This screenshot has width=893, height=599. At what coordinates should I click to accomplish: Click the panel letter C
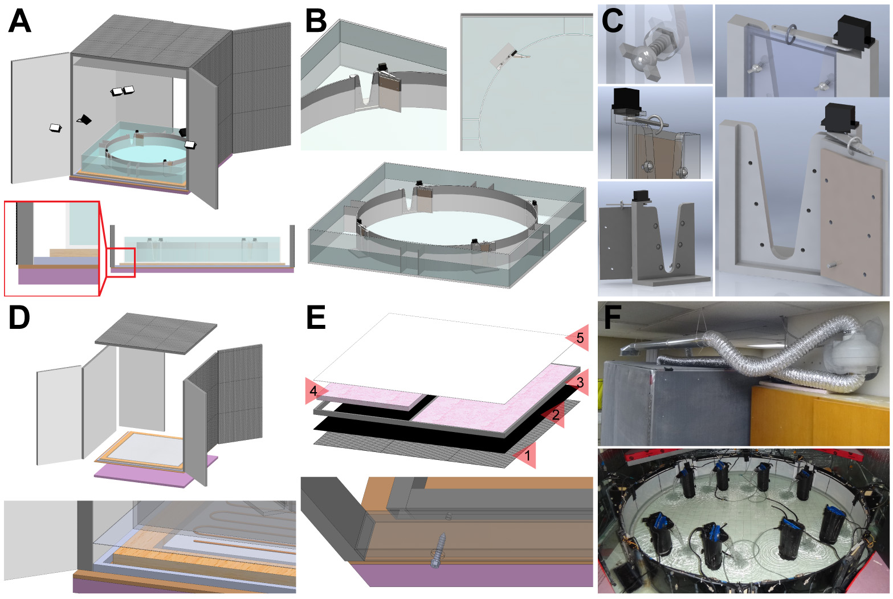click(x=613, y=21)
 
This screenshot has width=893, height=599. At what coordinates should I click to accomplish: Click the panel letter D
click(x=19, y=318)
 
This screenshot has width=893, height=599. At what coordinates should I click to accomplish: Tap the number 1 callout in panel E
click(x=527, y=455)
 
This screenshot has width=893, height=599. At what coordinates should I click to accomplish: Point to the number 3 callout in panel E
click(x=580, y=382)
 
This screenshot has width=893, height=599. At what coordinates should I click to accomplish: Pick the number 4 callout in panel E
click(x=313, y=391)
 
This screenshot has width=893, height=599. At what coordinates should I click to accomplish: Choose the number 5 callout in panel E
click(x=580, y=338)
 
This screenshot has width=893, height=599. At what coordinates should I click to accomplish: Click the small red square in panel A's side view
click(x=122, y=263)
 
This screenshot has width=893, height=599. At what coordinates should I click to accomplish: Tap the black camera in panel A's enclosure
click(x=85, y=119)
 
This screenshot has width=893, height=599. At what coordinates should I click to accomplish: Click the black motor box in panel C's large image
click(x=839, y=119)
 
